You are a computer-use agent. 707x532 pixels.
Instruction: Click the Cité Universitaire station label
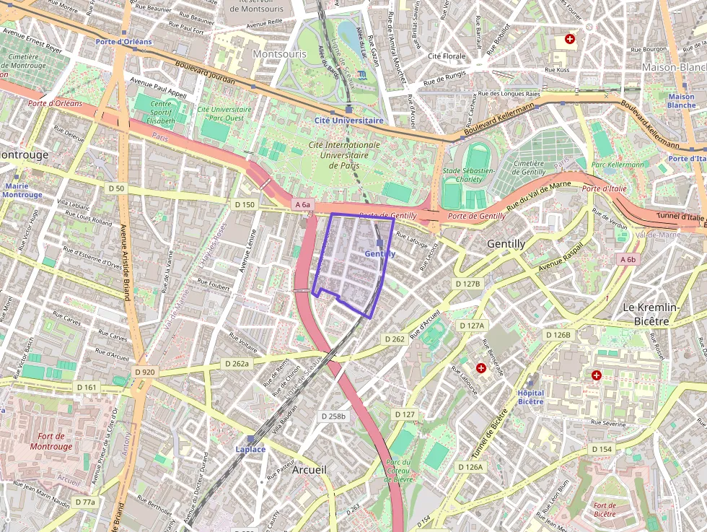(349, 121)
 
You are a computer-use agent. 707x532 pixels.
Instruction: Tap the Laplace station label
(250, 449)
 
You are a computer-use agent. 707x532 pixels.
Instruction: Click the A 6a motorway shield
(303, 205)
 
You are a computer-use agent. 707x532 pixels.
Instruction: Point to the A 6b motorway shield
(628, 259)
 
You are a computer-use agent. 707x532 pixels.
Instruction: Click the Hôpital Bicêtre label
(531, 397)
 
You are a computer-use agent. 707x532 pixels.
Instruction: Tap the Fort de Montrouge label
(51, 441)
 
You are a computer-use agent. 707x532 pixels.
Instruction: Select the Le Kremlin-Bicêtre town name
(651, 313)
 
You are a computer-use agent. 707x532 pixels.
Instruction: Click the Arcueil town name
(309, 470)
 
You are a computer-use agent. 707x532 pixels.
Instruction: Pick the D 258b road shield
(333, 417)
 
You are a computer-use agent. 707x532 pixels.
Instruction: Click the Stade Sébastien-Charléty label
(468, 175)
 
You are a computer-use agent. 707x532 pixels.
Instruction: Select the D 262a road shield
(236, 364)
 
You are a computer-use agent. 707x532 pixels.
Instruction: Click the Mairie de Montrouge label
(23, 191)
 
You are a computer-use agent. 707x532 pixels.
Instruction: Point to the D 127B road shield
(467, 284)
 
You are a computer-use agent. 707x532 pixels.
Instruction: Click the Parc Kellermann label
(618, 165)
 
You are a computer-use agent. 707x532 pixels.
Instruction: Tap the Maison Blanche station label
(682, 101)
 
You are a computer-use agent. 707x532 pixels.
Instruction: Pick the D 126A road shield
(470, 467)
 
